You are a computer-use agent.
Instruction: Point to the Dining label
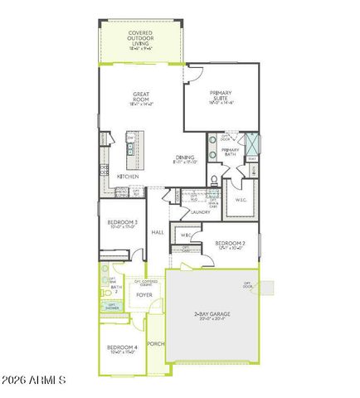coord(184,159)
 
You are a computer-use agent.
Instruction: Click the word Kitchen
coord(127,177)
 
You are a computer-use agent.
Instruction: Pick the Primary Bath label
coord(230,153)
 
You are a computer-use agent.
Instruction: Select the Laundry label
coord(200,212)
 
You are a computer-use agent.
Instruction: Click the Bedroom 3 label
coord(123,224)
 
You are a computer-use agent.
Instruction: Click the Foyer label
coord(144,294)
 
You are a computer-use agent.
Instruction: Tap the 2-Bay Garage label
coord(212,316)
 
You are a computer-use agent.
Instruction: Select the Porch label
coord(155,343)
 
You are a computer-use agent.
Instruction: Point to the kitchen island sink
coord(129,149)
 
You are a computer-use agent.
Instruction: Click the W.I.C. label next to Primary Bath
coord(241,200)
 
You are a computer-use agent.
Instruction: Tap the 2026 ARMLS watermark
coord(35,381)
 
